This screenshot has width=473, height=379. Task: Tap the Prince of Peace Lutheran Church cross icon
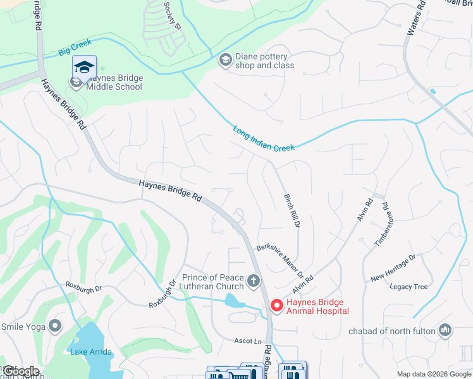[x=254, y=280]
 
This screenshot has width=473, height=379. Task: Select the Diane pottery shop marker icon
[x=224, y=60]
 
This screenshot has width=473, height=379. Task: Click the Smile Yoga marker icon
[x=55, y=327]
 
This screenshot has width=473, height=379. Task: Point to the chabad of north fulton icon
[x=446, y=330]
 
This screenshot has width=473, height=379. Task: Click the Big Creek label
[x=75, y=45]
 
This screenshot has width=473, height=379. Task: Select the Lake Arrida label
[x=92, y=352]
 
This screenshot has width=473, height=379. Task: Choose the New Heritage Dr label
[x=393, y=268]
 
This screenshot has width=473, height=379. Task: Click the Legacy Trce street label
[x=408, y=287]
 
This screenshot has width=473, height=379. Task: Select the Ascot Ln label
[x=249, y=341]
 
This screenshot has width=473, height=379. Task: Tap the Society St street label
[x=173, y=15]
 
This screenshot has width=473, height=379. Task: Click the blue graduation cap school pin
[x=84, y=66]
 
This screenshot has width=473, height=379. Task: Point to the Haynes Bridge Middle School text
[x=114, y=82]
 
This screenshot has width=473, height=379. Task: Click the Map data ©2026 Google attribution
[x=433, y=374]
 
